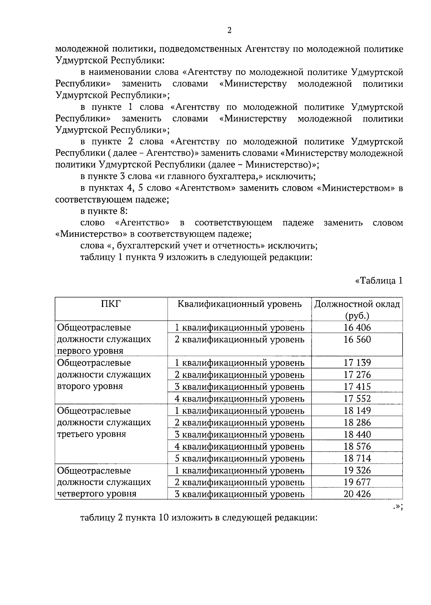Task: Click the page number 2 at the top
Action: pos(230,31)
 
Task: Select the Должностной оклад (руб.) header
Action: pos(357,310)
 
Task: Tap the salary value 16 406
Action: pos(357,327)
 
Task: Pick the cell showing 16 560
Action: pos(357,339)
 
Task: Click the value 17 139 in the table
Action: pos(357,362)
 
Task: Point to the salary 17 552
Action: pos(357,398)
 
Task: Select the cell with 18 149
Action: pos(357,411)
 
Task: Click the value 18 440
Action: pos(357,434)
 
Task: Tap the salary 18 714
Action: pos(357,458)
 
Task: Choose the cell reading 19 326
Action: pos(357,470)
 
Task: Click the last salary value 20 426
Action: pos(357,494)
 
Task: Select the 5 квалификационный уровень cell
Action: pos(239,458)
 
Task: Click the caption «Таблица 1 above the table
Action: pos(379,281)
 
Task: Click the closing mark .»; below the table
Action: pos(397,506)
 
